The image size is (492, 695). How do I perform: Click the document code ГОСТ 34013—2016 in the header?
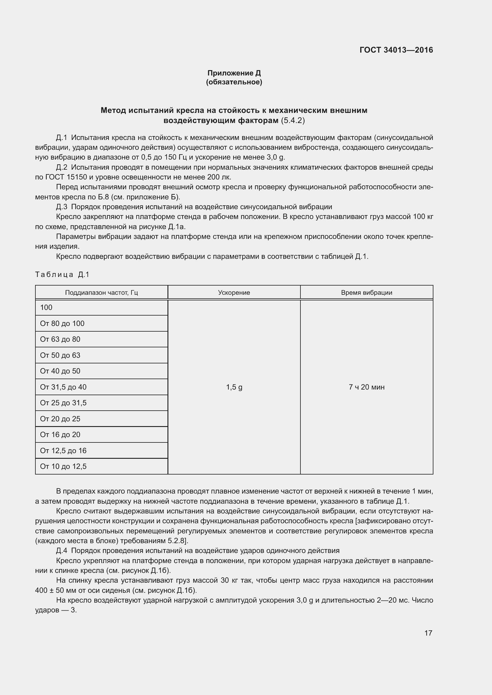point(396,50)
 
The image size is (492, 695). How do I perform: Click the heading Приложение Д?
point(234,73)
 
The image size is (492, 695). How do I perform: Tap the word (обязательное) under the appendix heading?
point(234,82)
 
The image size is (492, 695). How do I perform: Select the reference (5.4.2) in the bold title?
point(293,120)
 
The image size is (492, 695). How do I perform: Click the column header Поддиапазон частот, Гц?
point(101,292)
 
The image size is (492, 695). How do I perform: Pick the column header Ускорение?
point(234,292)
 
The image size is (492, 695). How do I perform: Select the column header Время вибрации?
point(366,292)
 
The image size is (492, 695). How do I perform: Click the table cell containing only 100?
point(46,308)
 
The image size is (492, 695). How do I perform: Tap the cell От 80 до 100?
point(62,323)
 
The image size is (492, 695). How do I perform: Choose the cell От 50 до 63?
point(60,355)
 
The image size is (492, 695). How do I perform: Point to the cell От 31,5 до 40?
point(63,387)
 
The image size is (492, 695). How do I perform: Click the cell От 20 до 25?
point(60,419)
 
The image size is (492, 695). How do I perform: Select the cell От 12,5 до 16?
point(63,450)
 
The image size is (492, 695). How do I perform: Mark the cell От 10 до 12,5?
point(63,466)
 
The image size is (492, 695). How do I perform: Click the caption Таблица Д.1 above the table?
point(62,275)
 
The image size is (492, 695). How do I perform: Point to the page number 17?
point(428,633)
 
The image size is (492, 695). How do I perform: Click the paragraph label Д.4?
point(62,551)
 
